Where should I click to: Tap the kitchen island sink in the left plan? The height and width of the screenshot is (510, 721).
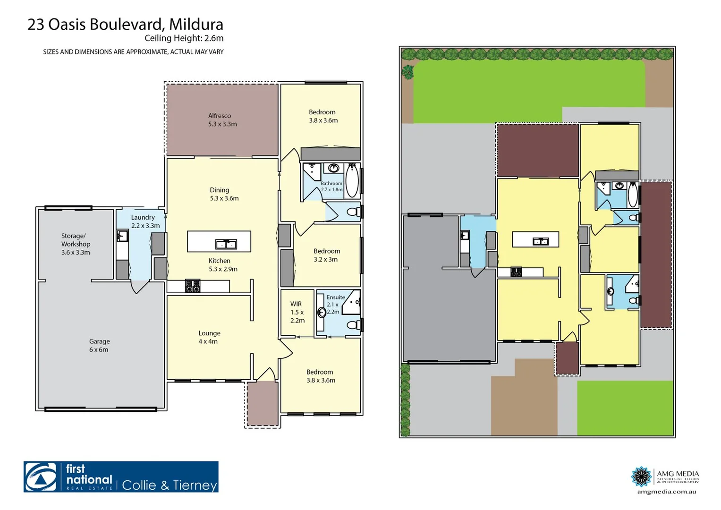pos(226,244)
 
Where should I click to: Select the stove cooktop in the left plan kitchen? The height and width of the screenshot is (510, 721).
pos(193,286)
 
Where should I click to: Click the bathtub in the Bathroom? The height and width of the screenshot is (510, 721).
pos(352,180)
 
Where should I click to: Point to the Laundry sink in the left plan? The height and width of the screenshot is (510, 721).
pos(122,236)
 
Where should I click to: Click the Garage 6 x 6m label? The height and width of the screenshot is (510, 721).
pos(99,345)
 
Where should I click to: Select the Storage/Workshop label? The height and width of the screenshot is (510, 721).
pos(76,244)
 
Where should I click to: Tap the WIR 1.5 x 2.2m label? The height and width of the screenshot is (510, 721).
pos(297,312)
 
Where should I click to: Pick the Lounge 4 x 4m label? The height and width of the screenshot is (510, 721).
pos(209,337)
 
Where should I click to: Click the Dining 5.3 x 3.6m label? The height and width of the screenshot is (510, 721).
pos(223,194)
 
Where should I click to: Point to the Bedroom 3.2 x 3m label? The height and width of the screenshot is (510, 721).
pos(326,255)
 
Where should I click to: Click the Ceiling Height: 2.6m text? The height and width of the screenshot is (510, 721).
pos(184,38)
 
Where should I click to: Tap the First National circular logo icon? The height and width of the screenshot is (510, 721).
pos(41,477)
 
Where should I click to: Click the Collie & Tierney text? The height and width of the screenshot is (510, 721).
pos(170,485)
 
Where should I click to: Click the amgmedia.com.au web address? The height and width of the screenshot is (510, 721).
pos(666,492)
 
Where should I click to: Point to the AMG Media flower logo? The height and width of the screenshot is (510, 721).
pos(641,476)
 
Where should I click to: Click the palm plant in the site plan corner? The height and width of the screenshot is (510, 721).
pos(407,72)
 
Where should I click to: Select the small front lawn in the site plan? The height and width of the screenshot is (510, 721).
pos(625,408)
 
